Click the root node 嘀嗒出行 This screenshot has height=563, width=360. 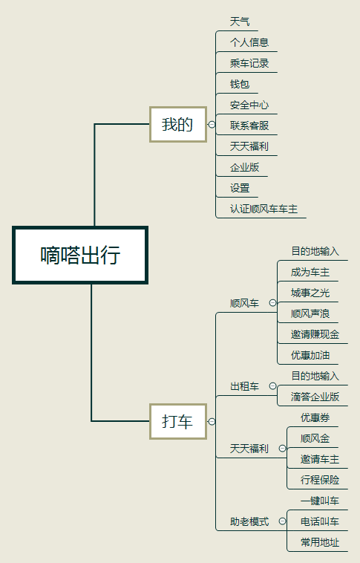[80, 255]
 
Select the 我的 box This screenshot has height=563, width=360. [177, 124]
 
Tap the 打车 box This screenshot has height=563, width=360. [177, 421]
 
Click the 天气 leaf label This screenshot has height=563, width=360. [240, 22]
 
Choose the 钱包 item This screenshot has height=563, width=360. [240, 84]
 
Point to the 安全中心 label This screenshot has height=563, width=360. [249, 105]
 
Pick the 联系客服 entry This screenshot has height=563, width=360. [249, 126]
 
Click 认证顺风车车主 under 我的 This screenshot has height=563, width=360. [264, 209]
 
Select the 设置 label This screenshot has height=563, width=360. [240, 188]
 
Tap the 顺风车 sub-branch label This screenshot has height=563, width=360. [244, 303]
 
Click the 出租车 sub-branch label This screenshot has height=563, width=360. [244, 386]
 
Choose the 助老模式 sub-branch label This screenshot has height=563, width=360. [249, 521]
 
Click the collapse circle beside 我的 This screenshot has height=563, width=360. [212, 124]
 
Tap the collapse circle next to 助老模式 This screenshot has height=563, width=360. [283, 521]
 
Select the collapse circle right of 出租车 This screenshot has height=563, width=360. [272, 386]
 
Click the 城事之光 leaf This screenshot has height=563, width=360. [310, 293]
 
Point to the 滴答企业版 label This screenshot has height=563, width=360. [315, 397]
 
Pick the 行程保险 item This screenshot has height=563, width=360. [320, 480]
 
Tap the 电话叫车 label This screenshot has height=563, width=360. [320, 521]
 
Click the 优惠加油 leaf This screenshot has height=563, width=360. [310, 355]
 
